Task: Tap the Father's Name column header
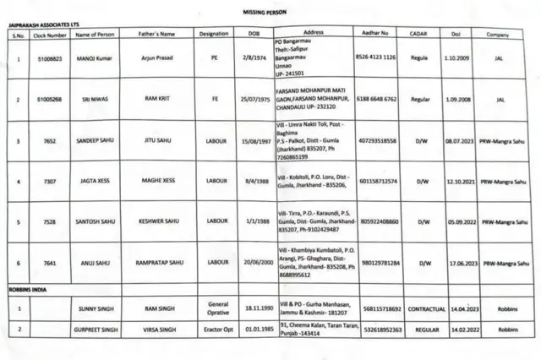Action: [x=156, y=34]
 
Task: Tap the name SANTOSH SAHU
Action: [x=94, y=222]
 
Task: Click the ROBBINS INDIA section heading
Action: [x=30, y=290]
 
